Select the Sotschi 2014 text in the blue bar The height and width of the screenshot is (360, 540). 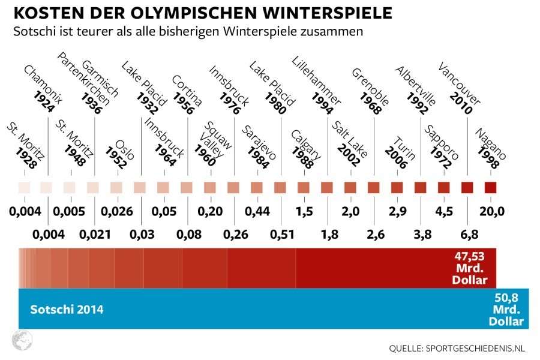coord(67,310)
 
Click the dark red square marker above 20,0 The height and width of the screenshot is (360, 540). coord(491,187)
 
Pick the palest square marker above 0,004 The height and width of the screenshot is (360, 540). coord(23,187)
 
